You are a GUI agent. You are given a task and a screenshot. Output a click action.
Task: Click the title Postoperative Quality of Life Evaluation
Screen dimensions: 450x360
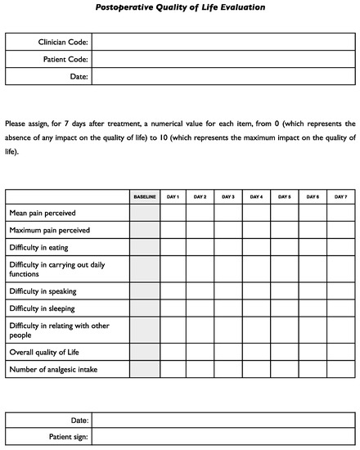click(x=180, y=7)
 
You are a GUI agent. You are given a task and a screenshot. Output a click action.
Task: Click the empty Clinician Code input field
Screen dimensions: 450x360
click(x=223, y=42)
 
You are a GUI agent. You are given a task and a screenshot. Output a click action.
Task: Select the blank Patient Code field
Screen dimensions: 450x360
click(x=223, y=59)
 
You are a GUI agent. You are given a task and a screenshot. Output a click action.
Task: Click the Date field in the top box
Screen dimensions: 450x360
click(x=223, y=76)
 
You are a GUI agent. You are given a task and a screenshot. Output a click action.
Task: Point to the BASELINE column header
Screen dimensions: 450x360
click(x=145, y=196)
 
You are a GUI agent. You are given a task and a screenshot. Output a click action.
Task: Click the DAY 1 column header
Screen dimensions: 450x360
click(x=173, y=196)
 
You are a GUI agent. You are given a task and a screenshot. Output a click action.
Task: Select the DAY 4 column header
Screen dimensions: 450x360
click(x=256, y=196)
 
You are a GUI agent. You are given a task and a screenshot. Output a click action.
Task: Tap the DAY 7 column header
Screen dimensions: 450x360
click(x=340, y=196)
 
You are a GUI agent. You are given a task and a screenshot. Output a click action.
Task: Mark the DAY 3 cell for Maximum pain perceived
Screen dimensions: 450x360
click(x=228, y=230)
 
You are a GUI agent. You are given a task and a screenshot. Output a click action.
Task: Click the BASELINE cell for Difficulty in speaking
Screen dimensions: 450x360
click(x=145, y=290)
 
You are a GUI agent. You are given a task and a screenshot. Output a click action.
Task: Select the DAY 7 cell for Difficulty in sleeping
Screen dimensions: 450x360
click(x=340, y=308)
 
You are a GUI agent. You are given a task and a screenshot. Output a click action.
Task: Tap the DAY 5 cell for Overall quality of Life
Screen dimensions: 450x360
click(x=284, y=353)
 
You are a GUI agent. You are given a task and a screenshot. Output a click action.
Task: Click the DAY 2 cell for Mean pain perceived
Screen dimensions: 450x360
click(x=200, y=213)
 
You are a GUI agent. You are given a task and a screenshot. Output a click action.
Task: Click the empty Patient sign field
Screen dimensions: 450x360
click(x=223, y=437)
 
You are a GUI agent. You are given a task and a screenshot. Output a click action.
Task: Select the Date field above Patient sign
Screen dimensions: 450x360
click(x=223, y=420)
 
